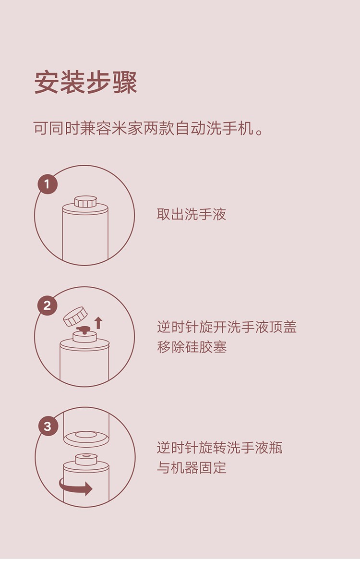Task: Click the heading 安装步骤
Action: [86, 83]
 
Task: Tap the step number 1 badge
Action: [47, 184]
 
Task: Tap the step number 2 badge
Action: [47, 306]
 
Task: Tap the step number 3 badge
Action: [48, 427]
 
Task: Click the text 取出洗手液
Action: [191, 214]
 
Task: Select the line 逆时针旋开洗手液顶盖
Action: [227, 327]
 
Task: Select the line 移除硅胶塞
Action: [192, 347]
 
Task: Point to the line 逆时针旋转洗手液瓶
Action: [219, 448]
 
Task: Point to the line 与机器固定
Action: [192, 467]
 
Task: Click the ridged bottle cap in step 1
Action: [85, 202]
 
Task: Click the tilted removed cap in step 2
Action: [75, 316]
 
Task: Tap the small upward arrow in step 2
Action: [98, 322]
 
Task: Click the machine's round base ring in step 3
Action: [85, 438]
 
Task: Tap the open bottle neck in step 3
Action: [86, 458]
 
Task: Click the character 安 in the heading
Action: [47, 83]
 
